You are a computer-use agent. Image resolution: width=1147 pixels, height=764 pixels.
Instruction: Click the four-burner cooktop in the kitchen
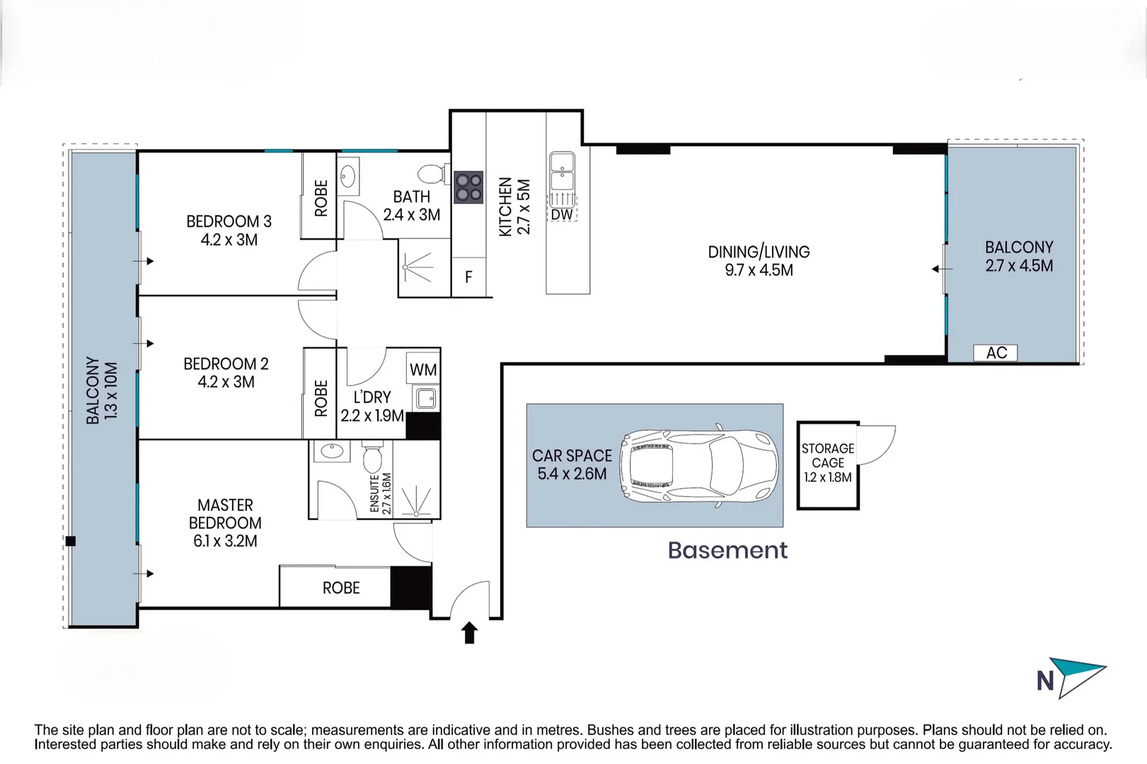pos(468,187)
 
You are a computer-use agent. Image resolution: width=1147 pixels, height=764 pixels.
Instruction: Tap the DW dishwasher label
pos(562,214)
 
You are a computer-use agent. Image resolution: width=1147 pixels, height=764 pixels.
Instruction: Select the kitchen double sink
pos(563,171)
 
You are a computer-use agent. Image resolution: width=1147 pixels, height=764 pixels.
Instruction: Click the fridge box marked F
pos(468,277)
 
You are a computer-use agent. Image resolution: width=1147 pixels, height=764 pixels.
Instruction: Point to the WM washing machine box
pos(423,368)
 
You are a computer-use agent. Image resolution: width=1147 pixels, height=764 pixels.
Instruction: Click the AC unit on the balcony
pos(996,353)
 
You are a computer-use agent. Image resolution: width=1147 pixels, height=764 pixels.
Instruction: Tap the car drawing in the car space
pos(698,465)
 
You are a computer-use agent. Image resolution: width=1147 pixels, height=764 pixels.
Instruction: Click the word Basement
pos(727,550)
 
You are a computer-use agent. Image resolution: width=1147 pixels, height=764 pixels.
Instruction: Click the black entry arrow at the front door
pos(470,632)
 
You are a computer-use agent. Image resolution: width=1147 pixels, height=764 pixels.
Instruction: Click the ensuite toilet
pos(372,457)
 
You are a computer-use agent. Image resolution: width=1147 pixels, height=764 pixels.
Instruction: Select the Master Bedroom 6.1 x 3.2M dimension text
pos(225,541)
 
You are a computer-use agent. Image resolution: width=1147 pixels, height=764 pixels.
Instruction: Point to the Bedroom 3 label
pos(229,221)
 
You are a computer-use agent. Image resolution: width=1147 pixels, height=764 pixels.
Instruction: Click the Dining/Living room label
pos(759,252)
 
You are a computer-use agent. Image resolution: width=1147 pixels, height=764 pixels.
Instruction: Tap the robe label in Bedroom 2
pos(321,398)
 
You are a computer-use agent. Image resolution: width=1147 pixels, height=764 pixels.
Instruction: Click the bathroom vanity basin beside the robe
pos(348,176)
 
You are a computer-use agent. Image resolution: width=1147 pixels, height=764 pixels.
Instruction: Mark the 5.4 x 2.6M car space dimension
pos(572,474)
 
